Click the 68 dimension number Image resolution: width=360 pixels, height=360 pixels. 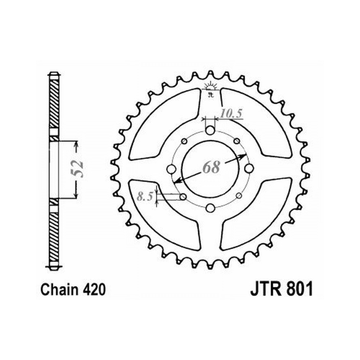click(211, 167)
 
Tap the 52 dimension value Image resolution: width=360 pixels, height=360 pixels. click(77, 169)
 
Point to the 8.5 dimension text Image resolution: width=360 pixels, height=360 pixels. click(145, 197)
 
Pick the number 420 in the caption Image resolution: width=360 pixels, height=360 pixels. click(94, 289)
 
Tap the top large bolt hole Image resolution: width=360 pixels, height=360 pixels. click(210, 131)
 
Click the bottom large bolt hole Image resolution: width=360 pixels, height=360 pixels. click(210, 208)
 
